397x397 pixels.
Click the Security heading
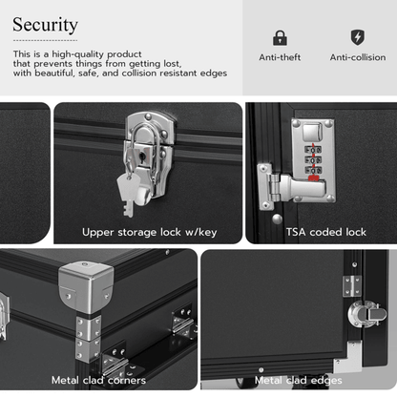(45, 25)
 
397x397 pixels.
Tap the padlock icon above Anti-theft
(280, 38)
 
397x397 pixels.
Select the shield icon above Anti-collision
(358, 37)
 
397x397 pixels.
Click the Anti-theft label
(280, 57)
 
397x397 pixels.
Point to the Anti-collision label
(358, 57)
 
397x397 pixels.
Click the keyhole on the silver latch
(142, 157)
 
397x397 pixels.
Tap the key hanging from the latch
(129, 195)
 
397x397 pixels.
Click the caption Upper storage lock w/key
(150, 232)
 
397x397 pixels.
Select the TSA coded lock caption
(326, 232)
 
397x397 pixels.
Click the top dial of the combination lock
(313, 150)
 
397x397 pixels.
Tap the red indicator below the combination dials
(314, 178)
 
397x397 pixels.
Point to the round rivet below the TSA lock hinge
(277, 219)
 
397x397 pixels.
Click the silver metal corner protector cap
(86, 286)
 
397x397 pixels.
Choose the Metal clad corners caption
(98, 380)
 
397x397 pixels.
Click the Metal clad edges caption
(299, 380)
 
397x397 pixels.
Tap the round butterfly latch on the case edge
(366, 314)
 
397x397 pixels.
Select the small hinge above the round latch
(352, 285)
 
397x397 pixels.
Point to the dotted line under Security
(45, 40)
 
